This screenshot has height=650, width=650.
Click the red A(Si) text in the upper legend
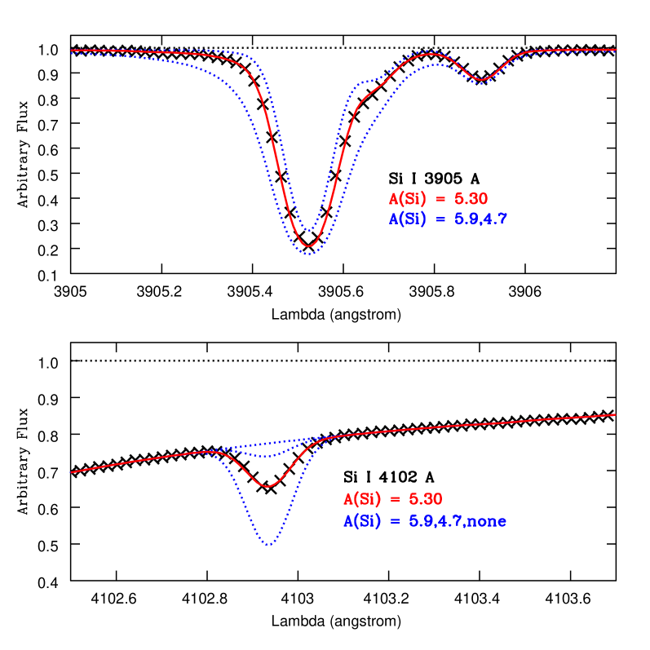tap(408, 199)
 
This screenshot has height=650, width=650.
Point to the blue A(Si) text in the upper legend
tap(408, 219)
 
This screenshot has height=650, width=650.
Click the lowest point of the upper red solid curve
tap(309, 246)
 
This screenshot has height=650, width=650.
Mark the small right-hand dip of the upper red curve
tap(481, 80)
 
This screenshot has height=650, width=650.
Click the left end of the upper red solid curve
tap(72, 51)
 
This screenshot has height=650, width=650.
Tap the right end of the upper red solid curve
tap(616, 50)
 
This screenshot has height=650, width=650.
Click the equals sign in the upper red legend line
tap(440, 199)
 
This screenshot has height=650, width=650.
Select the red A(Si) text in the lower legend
tap(362, 500)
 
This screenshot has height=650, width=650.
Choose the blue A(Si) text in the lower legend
tap(362, 521)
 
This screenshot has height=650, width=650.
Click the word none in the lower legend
tap(487, 521)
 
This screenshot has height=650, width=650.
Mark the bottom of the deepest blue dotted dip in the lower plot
tap(269, 545)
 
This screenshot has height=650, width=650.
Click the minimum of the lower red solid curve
tap(268, 487)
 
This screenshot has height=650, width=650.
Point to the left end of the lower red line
tap(72, 472)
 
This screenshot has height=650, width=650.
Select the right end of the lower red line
tap(615, 414)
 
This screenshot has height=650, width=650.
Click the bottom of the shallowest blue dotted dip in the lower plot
tap(269, 457)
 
